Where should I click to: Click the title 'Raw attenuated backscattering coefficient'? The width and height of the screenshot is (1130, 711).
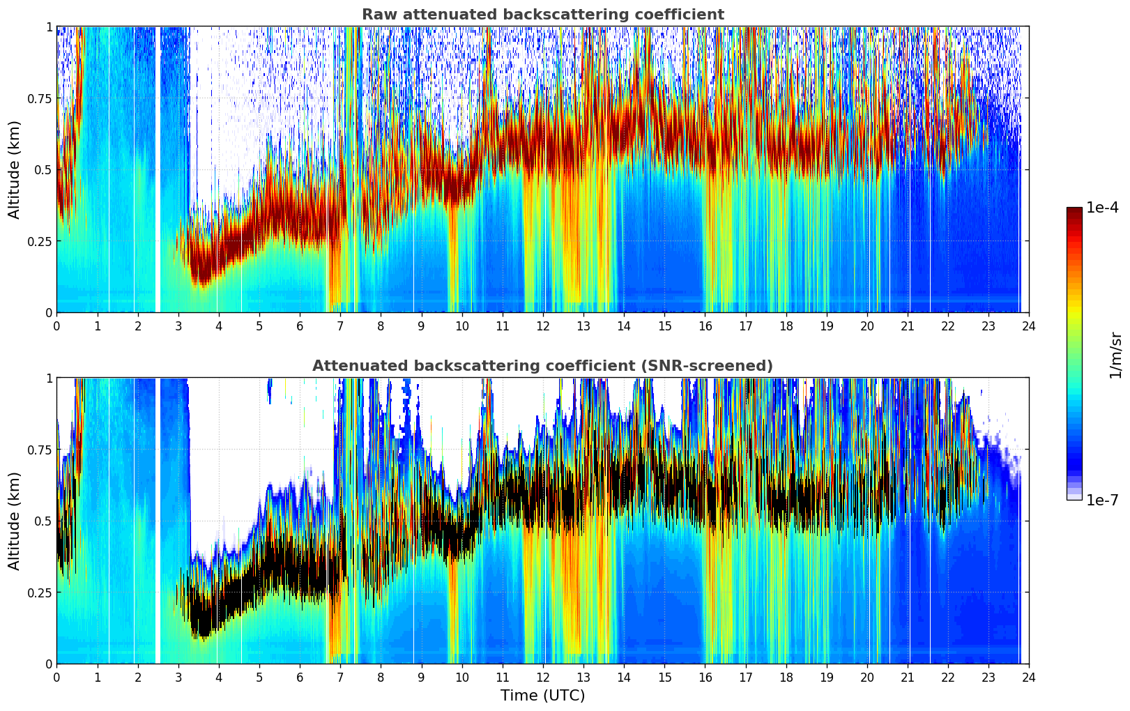[542, 15]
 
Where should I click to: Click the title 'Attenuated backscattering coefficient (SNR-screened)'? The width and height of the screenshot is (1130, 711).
[542, 366]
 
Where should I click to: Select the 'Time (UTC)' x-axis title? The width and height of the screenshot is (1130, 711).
[542, 696]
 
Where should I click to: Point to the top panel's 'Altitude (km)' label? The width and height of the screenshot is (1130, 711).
[15, 169]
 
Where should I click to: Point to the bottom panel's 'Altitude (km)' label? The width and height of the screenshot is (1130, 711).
[15, 521]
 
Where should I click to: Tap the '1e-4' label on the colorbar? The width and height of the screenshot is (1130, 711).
[1104, 208]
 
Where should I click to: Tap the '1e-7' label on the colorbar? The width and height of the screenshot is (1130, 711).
[1102, 500]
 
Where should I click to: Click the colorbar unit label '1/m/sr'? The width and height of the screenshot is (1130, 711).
[1115, 355]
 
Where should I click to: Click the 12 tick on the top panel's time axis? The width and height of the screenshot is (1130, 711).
[543, 326]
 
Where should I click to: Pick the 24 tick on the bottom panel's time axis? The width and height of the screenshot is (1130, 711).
[1029, 677]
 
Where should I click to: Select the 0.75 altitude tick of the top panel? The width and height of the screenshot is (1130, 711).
[40, 98]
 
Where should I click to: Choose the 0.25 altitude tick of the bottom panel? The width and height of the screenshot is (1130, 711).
[40, 592]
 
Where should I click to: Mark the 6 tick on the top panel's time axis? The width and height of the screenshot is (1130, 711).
[300, 326]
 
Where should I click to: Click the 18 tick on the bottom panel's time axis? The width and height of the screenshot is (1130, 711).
[786, 677]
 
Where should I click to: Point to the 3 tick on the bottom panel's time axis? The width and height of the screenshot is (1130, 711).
[178, 677]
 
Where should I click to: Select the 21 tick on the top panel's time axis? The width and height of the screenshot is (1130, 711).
[908, 326]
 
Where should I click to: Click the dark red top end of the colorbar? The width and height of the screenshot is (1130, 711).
[1074, 211]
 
